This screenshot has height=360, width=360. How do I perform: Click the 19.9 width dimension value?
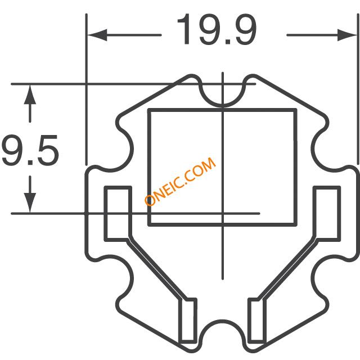217,29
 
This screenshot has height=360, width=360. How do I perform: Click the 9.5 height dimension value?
30,150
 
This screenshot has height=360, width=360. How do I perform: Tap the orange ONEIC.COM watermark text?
180,181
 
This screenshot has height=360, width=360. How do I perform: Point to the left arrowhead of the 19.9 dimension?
97,35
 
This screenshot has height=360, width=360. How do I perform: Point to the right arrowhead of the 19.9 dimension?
347,35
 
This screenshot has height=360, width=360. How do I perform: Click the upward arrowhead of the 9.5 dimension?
30,95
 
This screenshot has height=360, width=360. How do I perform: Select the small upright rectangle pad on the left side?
118,214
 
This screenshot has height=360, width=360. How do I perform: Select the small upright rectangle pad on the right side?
327,214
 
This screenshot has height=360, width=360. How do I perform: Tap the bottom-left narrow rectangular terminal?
188,321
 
